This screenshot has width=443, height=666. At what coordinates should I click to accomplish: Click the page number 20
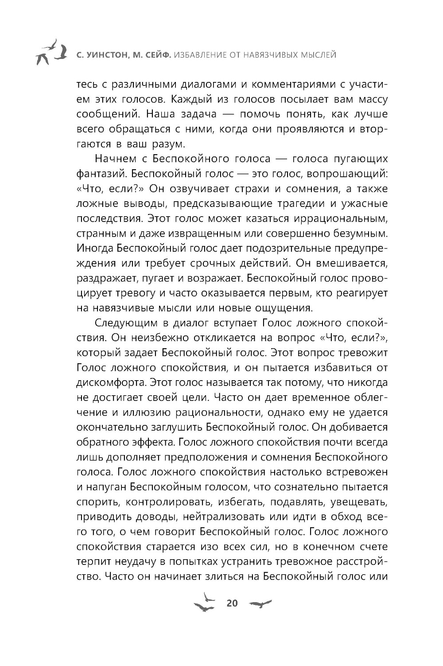pos(232,603)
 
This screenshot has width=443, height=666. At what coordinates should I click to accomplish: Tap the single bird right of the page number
pos(260,604)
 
